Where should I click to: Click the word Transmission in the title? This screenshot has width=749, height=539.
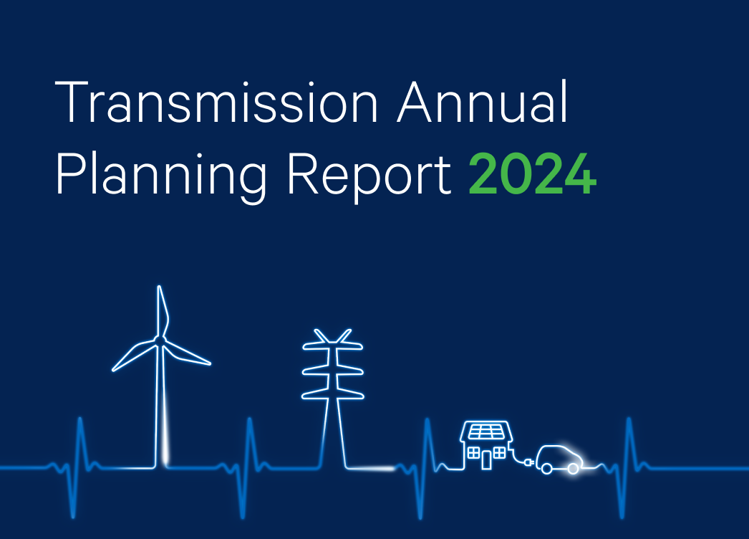pyautogui.click(x=216, y=104)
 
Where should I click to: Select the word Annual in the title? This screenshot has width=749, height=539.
pyautogui.click(x=483, y=104)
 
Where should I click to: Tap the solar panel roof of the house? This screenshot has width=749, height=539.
pyautogui.click(x=486, y=432)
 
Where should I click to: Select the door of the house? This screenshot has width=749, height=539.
pyautogui.click(x=487, y=459)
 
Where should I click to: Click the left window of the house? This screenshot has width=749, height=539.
pyautogui.click(x=473, y=452)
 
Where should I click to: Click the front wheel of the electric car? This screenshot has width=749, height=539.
pyautogui.click(x=573, y=469)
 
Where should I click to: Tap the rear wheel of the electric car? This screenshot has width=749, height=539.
pyautogui.click(x=546, y=469)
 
